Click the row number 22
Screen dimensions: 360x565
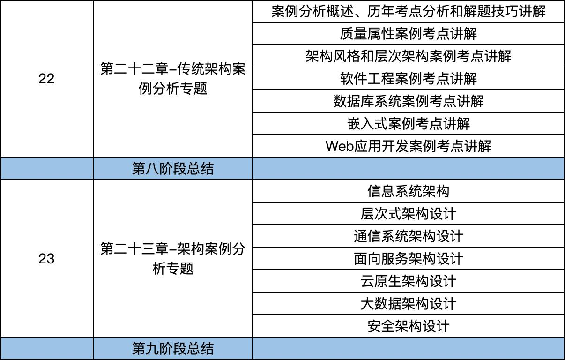(x=46, y=79)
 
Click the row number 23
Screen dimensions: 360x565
(x=46, y=259)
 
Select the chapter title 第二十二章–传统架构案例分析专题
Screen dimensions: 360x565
(x=173, y=79)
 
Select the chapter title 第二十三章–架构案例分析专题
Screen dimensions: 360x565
(x=173, y=259)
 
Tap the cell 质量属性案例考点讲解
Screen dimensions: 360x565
(x=408, y=34)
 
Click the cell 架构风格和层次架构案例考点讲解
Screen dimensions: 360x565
(x=408, y=56)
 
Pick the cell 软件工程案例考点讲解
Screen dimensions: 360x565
(x=408, y=79)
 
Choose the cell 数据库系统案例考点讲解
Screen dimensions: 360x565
(x=408, y=101)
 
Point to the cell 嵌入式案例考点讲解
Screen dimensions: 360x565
(x=408, y=124)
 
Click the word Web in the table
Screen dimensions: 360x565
(x=339, y=146)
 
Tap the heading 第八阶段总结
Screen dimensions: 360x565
(x=173, y=169)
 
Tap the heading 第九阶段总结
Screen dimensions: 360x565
(x=173, y=349)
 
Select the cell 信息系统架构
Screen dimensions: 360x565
(x=408, y=191)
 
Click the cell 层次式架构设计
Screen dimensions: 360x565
(x=408, y=214)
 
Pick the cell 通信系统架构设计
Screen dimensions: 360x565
(x=408, y=236)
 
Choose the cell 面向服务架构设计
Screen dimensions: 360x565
(x=408, y=259)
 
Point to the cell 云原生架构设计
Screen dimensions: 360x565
(x=408, y=281)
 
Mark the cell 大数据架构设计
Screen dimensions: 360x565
(x=408, y=304)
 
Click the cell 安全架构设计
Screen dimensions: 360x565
(x=408, y=326)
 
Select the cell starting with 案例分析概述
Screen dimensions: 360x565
(x=408, y=11)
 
